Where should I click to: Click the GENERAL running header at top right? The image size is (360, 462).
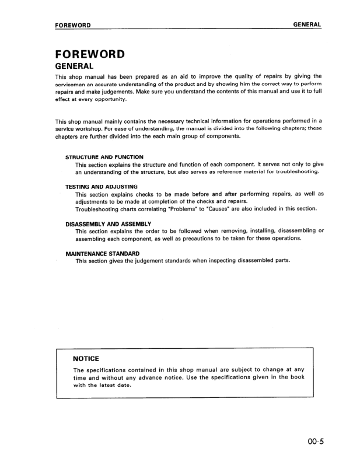307,24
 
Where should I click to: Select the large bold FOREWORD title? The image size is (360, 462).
90,54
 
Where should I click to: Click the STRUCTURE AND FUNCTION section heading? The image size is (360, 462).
104,157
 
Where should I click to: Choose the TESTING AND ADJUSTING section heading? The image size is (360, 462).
101,186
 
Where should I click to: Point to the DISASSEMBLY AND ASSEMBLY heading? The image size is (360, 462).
108,223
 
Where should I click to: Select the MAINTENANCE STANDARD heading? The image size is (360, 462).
102,253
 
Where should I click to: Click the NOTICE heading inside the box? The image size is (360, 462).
86,358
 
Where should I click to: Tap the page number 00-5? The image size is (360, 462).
312,441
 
